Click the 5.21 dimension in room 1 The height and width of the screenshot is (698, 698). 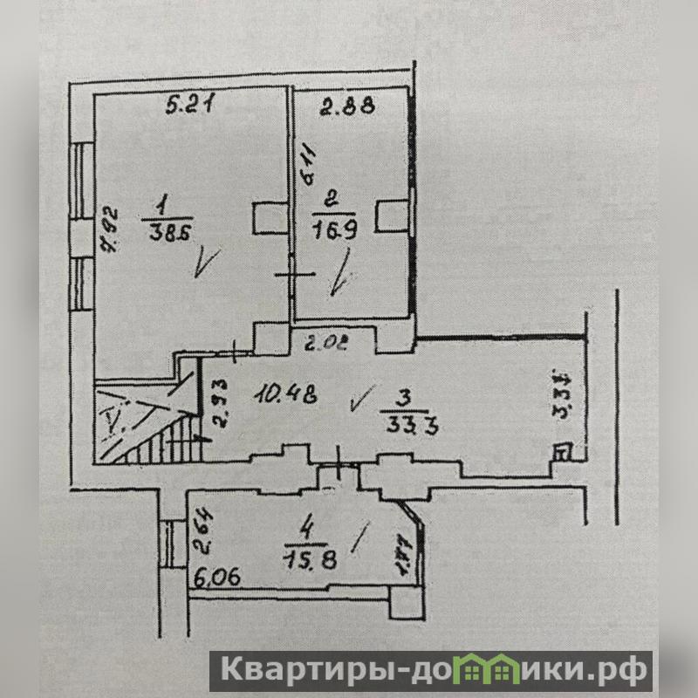pos(191,106)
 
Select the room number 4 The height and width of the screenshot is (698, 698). pos(305,528)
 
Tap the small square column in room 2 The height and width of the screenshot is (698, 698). pos(393,214)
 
